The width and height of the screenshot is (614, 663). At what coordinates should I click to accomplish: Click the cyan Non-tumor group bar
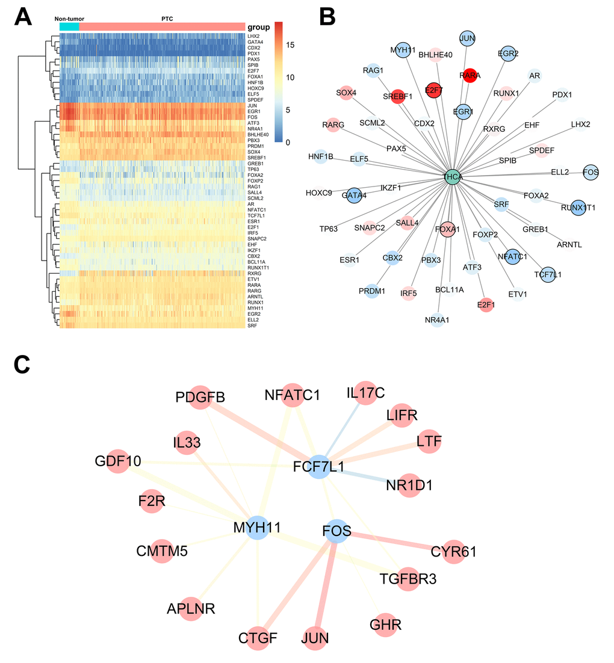tap(69, 27)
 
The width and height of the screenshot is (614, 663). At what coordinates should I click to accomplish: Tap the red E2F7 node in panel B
tap(433, 90)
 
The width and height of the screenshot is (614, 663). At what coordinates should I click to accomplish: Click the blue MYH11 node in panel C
tap(258, 528)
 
